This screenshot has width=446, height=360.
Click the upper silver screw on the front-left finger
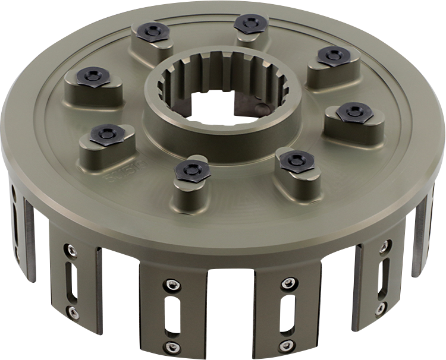point(172,283)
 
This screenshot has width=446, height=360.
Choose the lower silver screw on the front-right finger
point(288,345)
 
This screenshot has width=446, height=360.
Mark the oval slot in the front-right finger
point(287,313)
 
